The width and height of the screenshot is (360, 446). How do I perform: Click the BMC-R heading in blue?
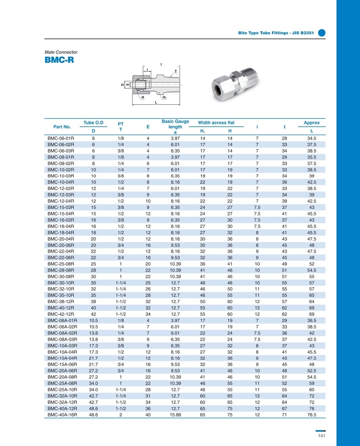pyautogui.click(x=59, y=60)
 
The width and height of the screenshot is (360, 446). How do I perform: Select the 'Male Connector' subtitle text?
pyautogui.click(x=61, y=52)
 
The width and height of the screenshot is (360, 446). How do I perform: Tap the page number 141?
pyautogui.click(x=321, y=436)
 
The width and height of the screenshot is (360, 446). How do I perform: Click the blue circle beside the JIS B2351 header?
pyautogui.click(x=322, y=33)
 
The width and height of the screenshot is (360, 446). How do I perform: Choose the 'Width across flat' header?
pyautogui.click(x=216, y=123)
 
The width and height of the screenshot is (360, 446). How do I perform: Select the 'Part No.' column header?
pyautogui.click(x=62, y=127)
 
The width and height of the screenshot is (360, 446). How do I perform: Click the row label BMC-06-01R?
pyautogui.click(x=61, y=138)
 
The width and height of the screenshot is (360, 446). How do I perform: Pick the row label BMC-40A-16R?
pyautogui.click(x=62, y=415)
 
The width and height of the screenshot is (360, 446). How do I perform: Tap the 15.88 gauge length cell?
pyautogui.click(x=175, y=415)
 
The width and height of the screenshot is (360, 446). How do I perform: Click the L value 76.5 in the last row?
pyautogui.click(x=312, y=415)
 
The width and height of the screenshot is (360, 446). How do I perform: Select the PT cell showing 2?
pyautogui.click(x=121, y=415)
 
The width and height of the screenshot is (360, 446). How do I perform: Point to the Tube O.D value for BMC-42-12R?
pyautogui.click(x=93, y=314)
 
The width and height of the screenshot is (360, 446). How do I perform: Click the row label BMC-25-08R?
pyautogui.click(x=61, y=264)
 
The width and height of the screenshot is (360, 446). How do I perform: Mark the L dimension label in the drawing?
pyautogui.click(x=156, y=103)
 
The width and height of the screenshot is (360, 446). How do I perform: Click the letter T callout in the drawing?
pyautogui.click(x=176, y=71)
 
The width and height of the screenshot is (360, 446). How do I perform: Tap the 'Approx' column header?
pyautogui.click(x=312, y=123)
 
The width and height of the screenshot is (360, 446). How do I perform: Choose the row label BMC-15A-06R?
pyautogui.click(x=62, y=364)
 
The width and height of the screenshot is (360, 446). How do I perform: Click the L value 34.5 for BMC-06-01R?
pyautogui.click(x=312, y=138)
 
